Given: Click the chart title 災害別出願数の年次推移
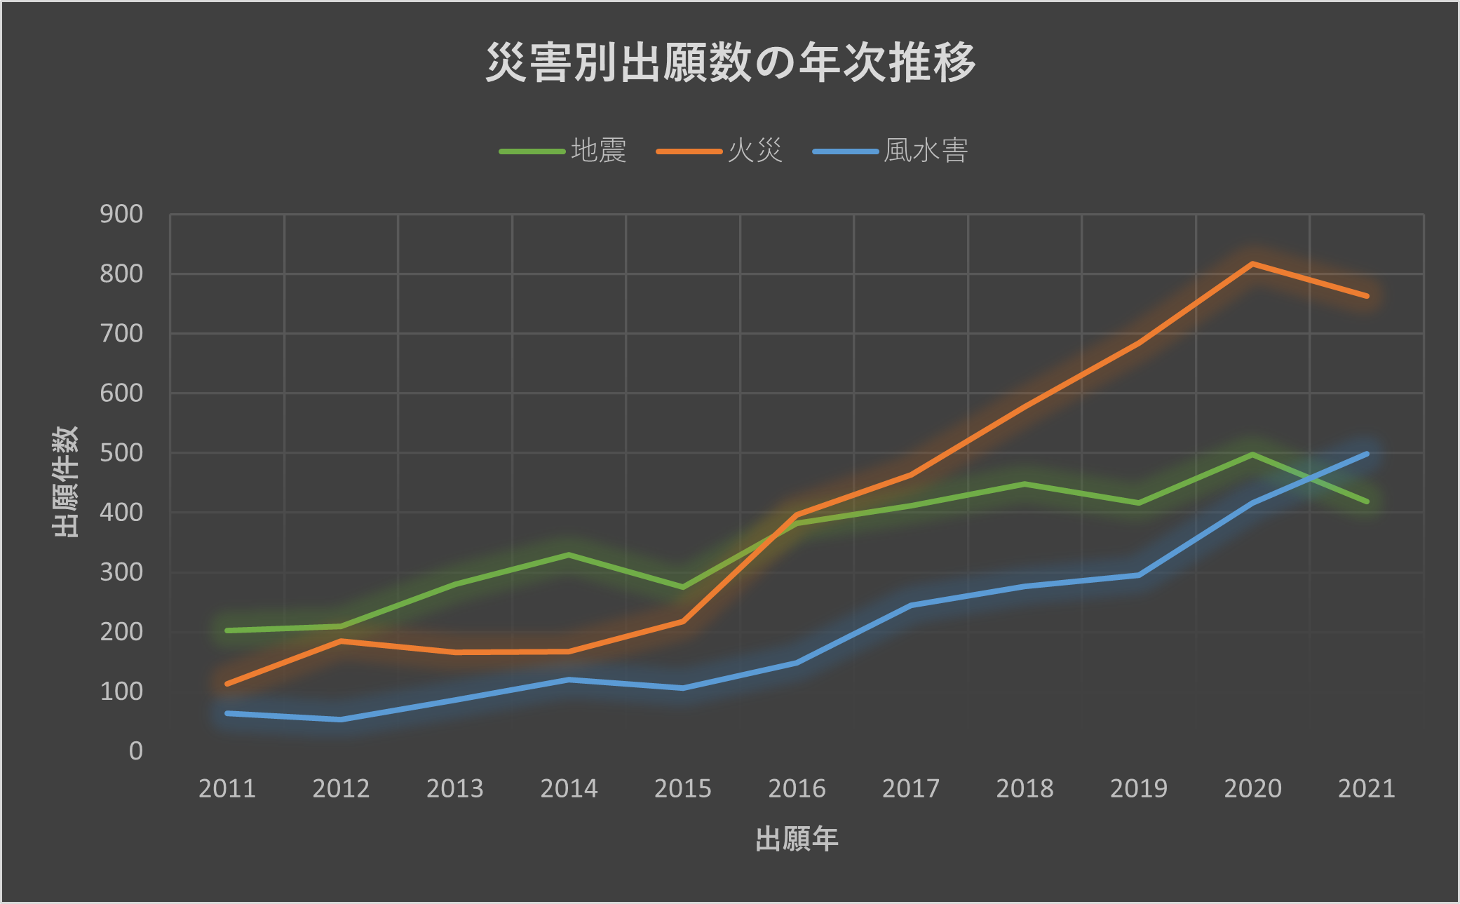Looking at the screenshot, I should tap(730, 62).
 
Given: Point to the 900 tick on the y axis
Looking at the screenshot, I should tap(121, 214).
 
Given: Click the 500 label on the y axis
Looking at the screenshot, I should tap(121, 452).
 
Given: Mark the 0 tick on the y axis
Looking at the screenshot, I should tap(135, 751).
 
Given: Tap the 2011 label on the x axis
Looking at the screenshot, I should tap(227, 789).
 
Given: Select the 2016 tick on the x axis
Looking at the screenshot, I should tap(797, 789).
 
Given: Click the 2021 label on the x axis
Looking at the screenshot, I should tap(1366, 789).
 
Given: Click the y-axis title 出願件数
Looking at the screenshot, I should tap(65, 482).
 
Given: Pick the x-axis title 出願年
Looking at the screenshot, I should tap(797, 839).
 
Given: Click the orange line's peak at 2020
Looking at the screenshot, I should tap(1252, 264).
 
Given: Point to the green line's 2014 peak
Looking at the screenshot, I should tap(569, 555).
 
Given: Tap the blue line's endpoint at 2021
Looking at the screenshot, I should tap(1366, 454).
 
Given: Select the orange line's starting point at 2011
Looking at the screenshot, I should tap(227, 683).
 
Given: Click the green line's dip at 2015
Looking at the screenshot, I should tap(682, 587).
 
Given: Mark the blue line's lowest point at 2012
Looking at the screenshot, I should tap(341, 720).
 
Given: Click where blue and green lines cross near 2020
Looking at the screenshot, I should tap(1309, 479).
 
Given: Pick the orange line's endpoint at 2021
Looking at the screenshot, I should tap(1366, 296).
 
